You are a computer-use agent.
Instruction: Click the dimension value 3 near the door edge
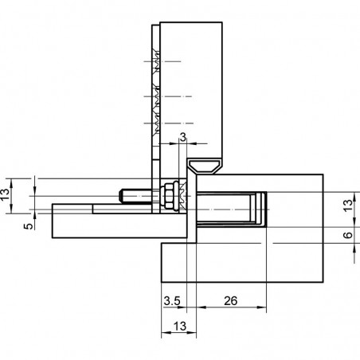pyautogui.click(x=183, y=138)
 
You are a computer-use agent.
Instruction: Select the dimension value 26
pyautogui.click(x=230, y=301)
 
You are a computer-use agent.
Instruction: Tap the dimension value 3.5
pyautogui.click(x=172, y=301)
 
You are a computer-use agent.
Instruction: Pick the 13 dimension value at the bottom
pyautogui.click(x=180, y=326)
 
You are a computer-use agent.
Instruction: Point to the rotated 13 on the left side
pyautogui.click(x=5, y=195)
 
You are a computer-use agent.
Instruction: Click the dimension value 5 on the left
pyautogui.click(x=29, y=226)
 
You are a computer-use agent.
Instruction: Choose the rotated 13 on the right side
pyautogui.click(x=348, y=205)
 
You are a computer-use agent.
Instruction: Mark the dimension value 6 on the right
pyautogui.click(x=348, y=235)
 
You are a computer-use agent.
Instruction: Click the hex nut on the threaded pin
pyautogui.click(x=169, y=196)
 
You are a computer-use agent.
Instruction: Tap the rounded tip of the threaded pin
pyautogui.click(x=121, y=196)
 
